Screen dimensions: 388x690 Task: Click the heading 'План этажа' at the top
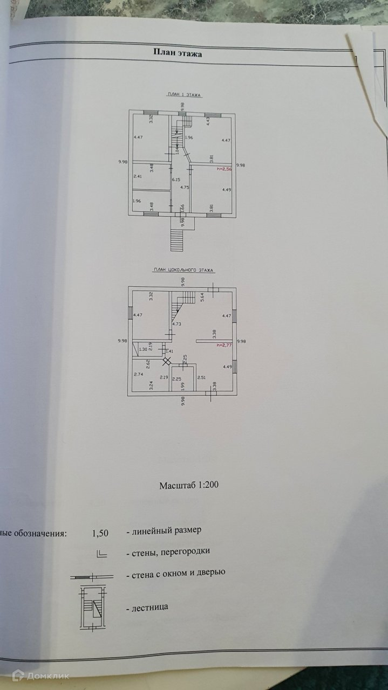click(175, 53)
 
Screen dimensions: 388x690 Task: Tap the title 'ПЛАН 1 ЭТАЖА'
click(183, 94)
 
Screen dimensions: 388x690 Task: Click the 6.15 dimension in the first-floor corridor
click(175, 180)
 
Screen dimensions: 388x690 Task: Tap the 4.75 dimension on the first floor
click(184, 188)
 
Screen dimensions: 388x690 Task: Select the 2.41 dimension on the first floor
click(138, 176)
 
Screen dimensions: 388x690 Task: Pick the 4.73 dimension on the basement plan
click(176, 324)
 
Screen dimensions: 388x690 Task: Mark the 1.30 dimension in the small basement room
click(143, 349)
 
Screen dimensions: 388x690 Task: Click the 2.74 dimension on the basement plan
click(138, 374)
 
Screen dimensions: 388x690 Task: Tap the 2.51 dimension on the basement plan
click(202, 378)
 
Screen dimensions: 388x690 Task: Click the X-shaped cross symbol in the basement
click(167, 362)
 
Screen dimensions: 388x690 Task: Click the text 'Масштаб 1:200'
click(189, 485)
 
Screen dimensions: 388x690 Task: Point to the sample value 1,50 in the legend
click(100, 534)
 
